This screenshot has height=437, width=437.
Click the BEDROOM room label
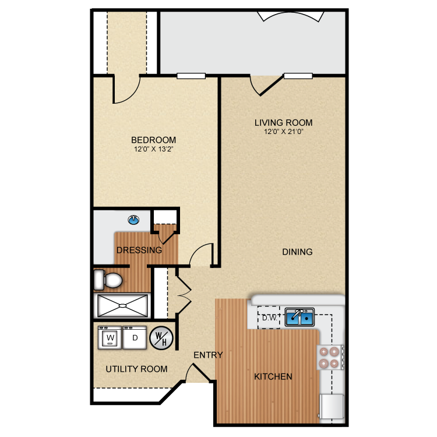pyautogui.click(x=153, y=140)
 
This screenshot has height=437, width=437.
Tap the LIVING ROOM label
pyautogui.click(x=283, y=122)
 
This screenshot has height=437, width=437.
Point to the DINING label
pyautogui.click(x=297, y=252)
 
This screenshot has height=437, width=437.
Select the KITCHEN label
pyautogui.click(x=273, y=376)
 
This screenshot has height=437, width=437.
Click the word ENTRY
pyautogui.click(x=208, y=354)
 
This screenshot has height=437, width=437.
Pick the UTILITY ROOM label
pyautogui.click(x=136, y=369)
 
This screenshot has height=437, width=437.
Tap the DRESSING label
pyautogui.click(x=139, y=251)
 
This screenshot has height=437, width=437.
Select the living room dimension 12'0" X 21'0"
pyautogui.click(x=283, y=132)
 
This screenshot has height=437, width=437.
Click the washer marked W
pyautogui.click(x=110, y=337)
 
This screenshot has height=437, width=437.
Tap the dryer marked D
pyautogui.click(x=135, y=337)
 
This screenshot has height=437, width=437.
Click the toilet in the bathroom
pyautogui.click(x=108, y=281)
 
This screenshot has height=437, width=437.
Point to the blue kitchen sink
pyautogui.click(x=299, y=317)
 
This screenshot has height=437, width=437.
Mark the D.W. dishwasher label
pyautogui.click(x=269, y=318)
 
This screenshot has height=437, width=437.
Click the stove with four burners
pyautogui.click(x=328, y=357)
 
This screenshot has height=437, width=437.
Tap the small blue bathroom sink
pyautogui.click(x=134, y=220)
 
